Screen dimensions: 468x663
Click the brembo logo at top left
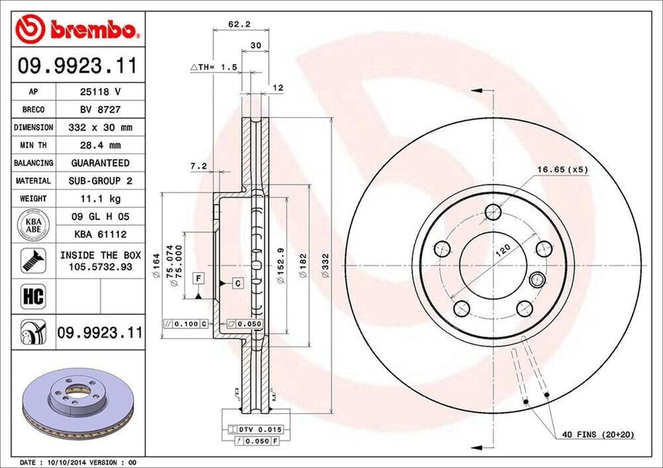[x=78, y=30]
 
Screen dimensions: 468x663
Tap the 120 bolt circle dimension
[x=504, y=251]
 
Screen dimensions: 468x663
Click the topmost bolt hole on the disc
[x=493, y=211]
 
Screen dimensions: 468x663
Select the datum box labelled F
[x=199, y=278]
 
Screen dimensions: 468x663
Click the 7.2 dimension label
[x=198, y=166]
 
